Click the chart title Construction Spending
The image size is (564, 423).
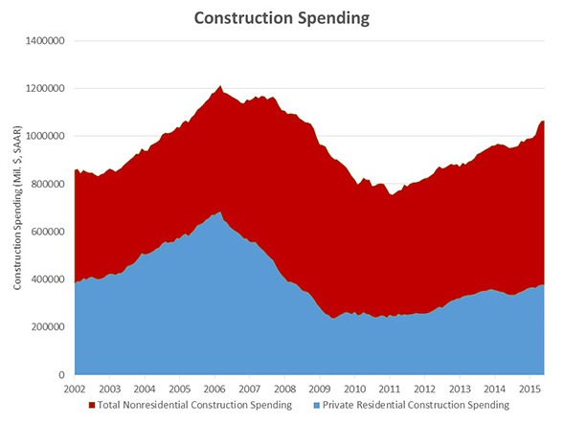click(281, 17)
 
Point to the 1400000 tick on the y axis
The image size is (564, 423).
click(45, 41)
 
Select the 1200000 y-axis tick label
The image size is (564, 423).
click(45, 89)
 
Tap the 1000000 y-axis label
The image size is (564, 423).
click(45, 136)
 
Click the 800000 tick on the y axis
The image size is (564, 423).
click(48, 184)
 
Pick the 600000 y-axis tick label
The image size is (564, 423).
click(48, 232)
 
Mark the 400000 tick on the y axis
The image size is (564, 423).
click(48, 279)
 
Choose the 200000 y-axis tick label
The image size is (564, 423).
click(48, 327)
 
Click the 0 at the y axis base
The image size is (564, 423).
click(62, 375)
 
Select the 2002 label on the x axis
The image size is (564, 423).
click(76, 390)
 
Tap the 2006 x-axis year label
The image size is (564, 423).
click(214, 390)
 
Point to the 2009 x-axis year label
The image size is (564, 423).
click(319, 390)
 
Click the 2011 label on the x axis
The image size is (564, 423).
click(389, 390)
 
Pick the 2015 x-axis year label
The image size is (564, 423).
click(528, 390)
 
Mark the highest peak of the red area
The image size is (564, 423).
click(221, 86)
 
